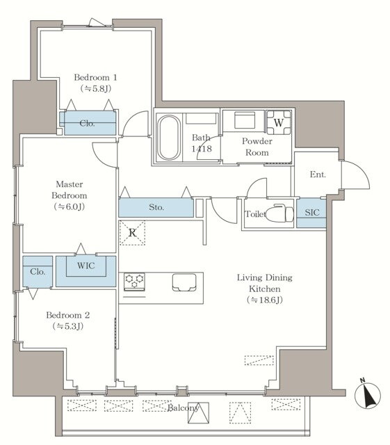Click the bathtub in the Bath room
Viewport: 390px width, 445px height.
[x=169, y=138]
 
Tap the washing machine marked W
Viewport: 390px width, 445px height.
[x=279, y=122]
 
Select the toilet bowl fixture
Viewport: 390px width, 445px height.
[x=279, y=213]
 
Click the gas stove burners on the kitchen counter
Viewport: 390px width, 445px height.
[x=134, y=282]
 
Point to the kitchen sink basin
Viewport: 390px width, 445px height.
[x=184, y=282]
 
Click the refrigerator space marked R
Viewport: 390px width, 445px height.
[x=132, y=233]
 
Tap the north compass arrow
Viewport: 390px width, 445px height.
[x=368, y=394]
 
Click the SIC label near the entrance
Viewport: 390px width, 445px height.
[x=312, y=213]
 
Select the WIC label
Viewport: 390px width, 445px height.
[x=86, y=266]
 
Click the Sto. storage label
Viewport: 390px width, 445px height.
[x=156, y=207]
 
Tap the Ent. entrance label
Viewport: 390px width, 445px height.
[x=318, y=175]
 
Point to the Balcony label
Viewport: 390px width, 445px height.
[x=183, y=408]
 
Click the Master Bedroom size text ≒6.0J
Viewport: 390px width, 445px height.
[x=70, y=207]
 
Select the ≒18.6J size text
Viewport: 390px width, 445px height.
[x=265, y=300]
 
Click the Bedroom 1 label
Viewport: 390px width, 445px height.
[x=95, y=77]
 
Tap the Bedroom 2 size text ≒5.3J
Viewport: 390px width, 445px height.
[x=68, y=326]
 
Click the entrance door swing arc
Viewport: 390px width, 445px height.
[x=361, y=170]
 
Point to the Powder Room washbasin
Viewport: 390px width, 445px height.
[x=245, y=120]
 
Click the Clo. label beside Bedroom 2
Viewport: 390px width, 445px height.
[x=38, y=272]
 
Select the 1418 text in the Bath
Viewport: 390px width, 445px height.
[x=202, y=148]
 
